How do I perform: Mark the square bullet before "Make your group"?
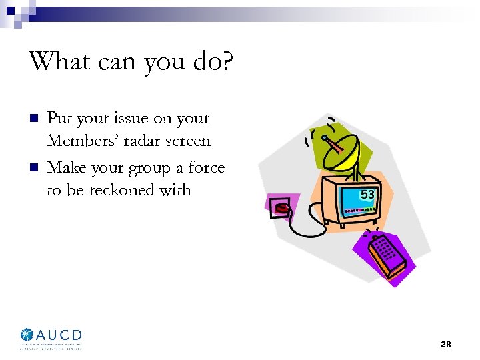[32, 168]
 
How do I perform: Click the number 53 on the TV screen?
[367, 195]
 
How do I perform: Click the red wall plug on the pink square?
[283, 208]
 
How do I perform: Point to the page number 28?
[446, 344]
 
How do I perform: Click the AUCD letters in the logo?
[59, 335]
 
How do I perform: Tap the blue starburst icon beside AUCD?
[27, 335]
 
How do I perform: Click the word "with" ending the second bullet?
[175, 191]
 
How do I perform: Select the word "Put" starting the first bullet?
[59, 119]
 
